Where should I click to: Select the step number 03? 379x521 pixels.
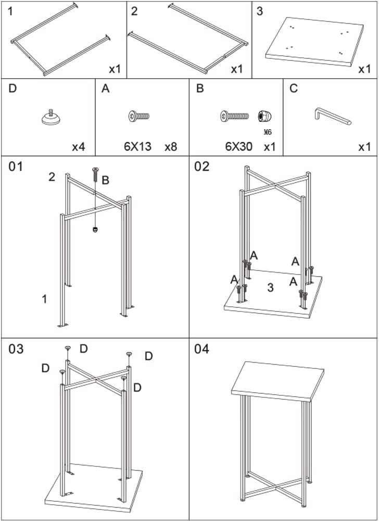(x=16, y=349)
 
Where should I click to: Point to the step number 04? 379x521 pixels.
(x=202, y=349)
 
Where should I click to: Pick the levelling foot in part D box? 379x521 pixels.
(x=50, y=118)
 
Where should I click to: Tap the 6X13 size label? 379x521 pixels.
(x=137, y=146)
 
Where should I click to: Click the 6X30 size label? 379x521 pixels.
(x=238, y=146)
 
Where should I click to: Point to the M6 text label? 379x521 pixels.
(x=269, y=131)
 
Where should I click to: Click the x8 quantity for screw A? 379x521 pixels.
(x=170, y=146)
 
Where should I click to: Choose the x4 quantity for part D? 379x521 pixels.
(x=78, y=146)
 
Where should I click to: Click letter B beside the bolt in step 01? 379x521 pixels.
(x=105, y=180)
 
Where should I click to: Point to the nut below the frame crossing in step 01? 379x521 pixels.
(x=95, y=230)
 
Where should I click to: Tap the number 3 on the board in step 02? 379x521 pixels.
(x=270, y=288)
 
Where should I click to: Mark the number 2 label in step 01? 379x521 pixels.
(x=52, y=177)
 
